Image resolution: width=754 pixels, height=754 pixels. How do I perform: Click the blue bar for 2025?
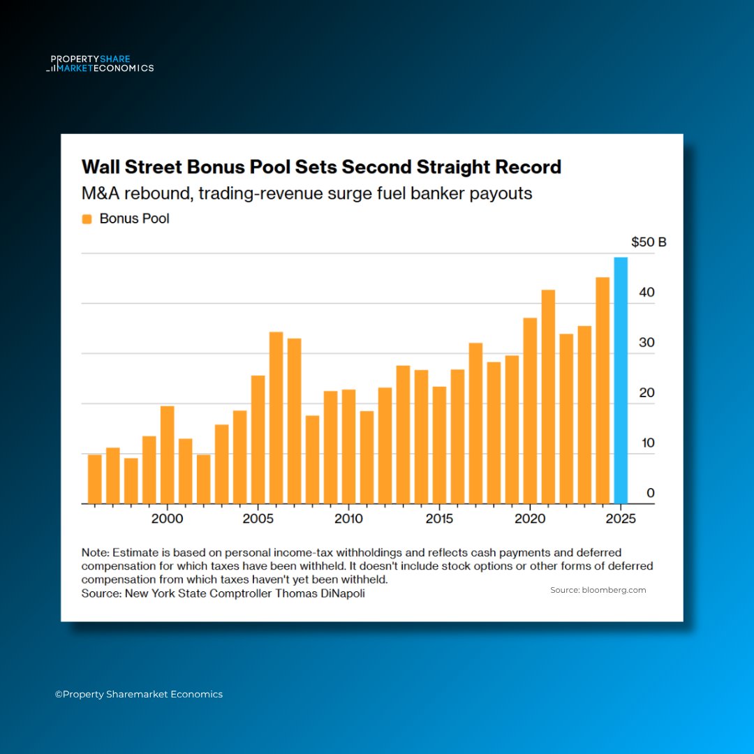click(621, 380)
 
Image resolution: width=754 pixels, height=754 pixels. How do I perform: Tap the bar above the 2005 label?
click(258, 439)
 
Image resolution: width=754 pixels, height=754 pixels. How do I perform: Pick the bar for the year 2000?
click(168, 454)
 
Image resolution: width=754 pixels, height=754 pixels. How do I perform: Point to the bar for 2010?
click(348, 446)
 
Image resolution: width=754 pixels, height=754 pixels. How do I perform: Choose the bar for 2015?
click(439, 445)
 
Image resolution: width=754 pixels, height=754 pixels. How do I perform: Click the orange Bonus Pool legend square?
click(87, 219)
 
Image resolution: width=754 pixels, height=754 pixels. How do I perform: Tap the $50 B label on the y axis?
click(649, 243)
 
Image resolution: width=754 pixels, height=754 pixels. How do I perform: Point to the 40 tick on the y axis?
click(647, 293)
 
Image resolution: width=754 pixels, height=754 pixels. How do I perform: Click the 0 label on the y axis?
click(651, 493)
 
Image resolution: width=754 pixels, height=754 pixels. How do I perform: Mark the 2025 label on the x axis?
click(621, 519)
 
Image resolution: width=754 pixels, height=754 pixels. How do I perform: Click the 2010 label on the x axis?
click(348, 519)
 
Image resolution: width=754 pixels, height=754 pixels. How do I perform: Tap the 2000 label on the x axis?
click(168, 519)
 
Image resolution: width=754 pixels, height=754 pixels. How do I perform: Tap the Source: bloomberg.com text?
click(598, 590)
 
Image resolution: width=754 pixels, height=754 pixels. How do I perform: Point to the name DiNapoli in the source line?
click(340, 593)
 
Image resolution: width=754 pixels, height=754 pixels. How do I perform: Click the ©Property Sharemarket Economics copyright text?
click(139, 694)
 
